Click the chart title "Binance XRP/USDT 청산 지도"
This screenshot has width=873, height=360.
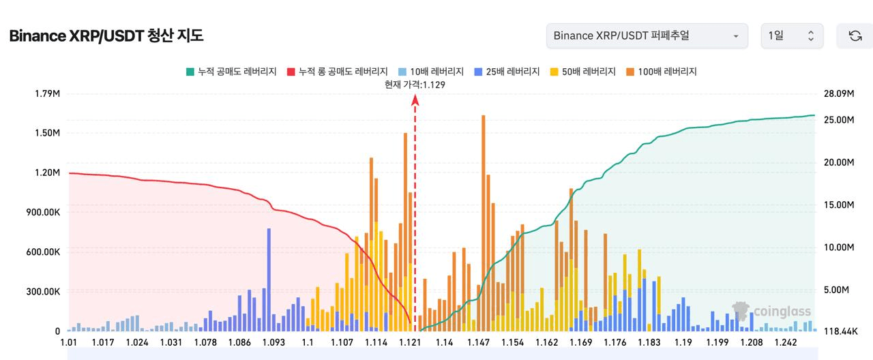coord(106,36)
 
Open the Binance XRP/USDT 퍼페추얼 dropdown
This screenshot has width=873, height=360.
coord(647,36)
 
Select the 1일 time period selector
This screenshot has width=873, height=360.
coord(792,36)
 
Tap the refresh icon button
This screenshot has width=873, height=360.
coord(855,36)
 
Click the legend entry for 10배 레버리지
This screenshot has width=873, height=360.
coord(430,72)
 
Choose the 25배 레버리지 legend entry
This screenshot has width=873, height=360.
coord(507,72)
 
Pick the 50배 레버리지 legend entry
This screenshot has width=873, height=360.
coord(582,72)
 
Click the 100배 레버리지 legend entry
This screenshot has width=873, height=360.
coord(662,72)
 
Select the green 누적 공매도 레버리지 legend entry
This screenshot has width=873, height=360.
coord(231,72)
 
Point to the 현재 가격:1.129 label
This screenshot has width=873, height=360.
coord(415,85)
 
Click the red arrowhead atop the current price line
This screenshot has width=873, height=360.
coord(415,100)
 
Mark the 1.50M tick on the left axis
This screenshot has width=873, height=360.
coord(48,133)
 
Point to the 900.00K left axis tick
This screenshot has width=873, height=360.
coord(43,212)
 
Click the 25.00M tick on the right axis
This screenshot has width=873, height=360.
coord(839,120)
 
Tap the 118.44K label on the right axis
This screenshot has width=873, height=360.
coord(840,331)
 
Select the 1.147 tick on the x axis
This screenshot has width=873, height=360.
coord(478,342)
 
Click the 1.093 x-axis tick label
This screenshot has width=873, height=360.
coord(273,342)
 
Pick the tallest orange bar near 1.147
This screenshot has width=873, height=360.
coord(484,223)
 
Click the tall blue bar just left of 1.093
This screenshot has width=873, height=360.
coord(269,280)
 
